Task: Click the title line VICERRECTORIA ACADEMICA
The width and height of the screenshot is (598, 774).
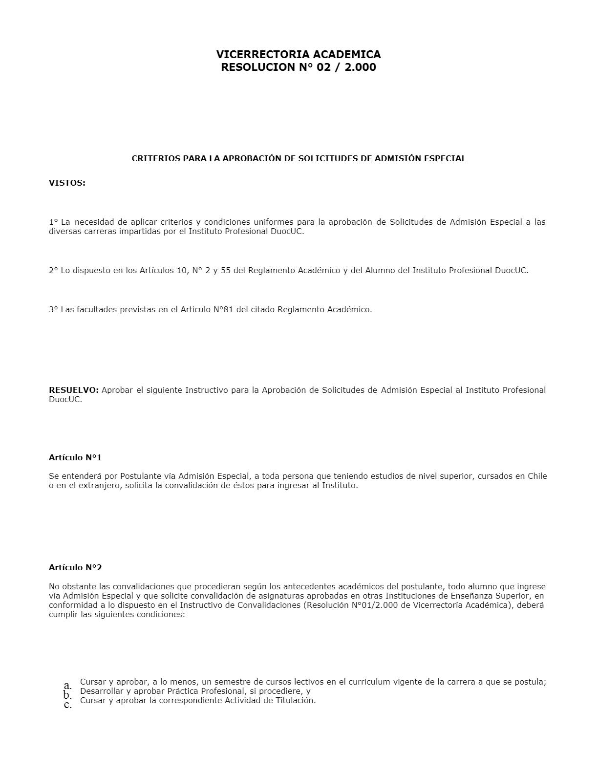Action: tap(299, 54)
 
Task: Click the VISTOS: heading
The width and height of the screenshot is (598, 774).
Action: tap(67, 183)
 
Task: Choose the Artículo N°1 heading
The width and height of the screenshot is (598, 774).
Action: tap(75, 458)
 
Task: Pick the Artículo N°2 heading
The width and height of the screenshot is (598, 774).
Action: tap(75, 568)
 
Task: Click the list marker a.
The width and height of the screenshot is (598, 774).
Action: tap(68, 685)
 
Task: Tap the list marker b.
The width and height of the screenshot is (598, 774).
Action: tap(68, 695)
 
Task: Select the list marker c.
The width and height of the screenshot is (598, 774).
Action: tap(68, 705)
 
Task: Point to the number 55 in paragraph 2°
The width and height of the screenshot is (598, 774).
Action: tap(226, 270)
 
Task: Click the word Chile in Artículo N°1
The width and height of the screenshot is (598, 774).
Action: tap(537, 476)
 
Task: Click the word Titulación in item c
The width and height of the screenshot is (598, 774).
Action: tap(295, 701)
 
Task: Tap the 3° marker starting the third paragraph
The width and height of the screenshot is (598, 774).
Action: tap(53, 309)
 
